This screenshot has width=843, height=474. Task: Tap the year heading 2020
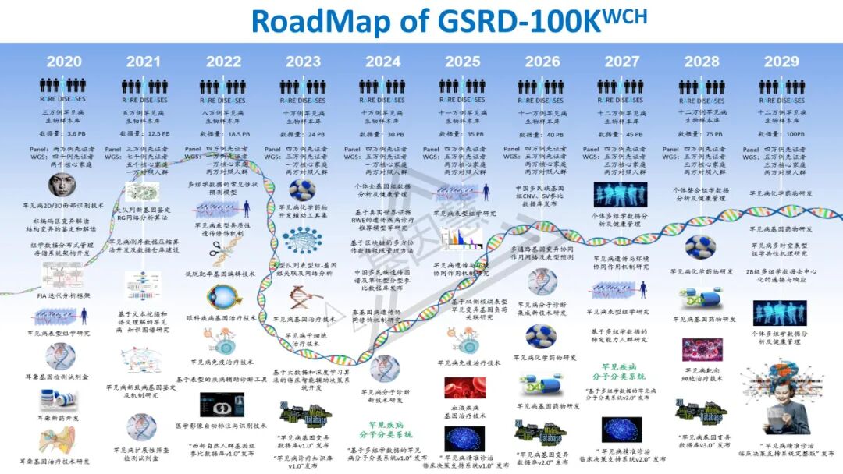[63, 62]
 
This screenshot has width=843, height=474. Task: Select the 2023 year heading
[303, 62]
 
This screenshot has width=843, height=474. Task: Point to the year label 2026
[542, 62]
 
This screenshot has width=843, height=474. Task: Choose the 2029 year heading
[781, 62]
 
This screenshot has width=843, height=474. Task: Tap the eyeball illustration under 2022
[222, 296]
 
